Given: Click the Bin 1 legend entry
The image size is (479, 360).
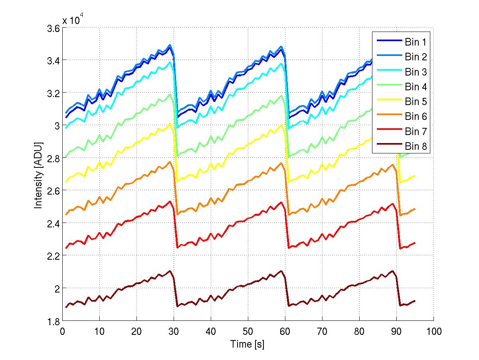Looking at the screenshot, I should [x=416, y=42].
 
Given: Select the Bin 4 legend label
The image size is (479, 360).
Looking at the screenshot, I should [x=416, y=87].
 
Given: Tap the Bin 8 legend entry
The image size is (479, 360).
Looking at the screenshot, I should [x=416, y=147].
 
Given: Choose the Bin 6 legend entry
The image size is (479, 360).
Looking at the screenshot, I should [x=416, y=117].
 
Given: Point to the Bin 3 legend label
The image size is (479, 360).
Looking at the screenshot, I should [x=416, y=72].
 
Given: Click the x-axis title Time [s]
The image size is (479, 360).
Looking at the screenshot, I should [x=247, y=344].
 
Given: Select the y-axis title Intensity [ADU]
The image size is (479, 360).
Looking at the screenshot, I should [x=38, y=174].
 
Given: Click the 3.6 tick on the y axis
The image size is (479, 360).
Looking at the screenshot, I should [x=53, y=28].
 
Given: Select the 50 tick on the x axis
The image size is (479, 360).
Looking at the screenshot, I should [x=248, y=331].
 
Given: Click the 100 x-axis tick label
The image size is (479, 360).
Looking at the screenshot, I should [x=433, y=331].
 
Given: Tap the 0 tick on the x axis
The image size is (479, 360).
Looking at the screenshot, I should [x=63, y=331].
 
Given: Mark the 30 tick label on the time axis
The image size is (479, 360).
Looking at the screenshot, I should [x=174, y=331].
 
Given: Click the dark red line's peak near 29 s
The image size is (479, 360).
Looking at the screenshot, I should [x=170, y=271].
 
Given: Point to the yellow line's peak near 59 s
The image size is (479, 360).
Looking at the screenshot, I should [x=282, y=125].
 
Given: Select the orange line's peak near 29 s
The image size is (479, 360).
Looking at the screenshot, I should [x=170, y=162].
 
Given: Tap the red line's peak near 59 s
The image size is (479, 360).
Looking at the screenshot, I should [x=282, y=202].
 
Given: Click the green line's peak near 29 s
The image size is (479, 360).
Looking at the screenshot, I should [x=170, y=94].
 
